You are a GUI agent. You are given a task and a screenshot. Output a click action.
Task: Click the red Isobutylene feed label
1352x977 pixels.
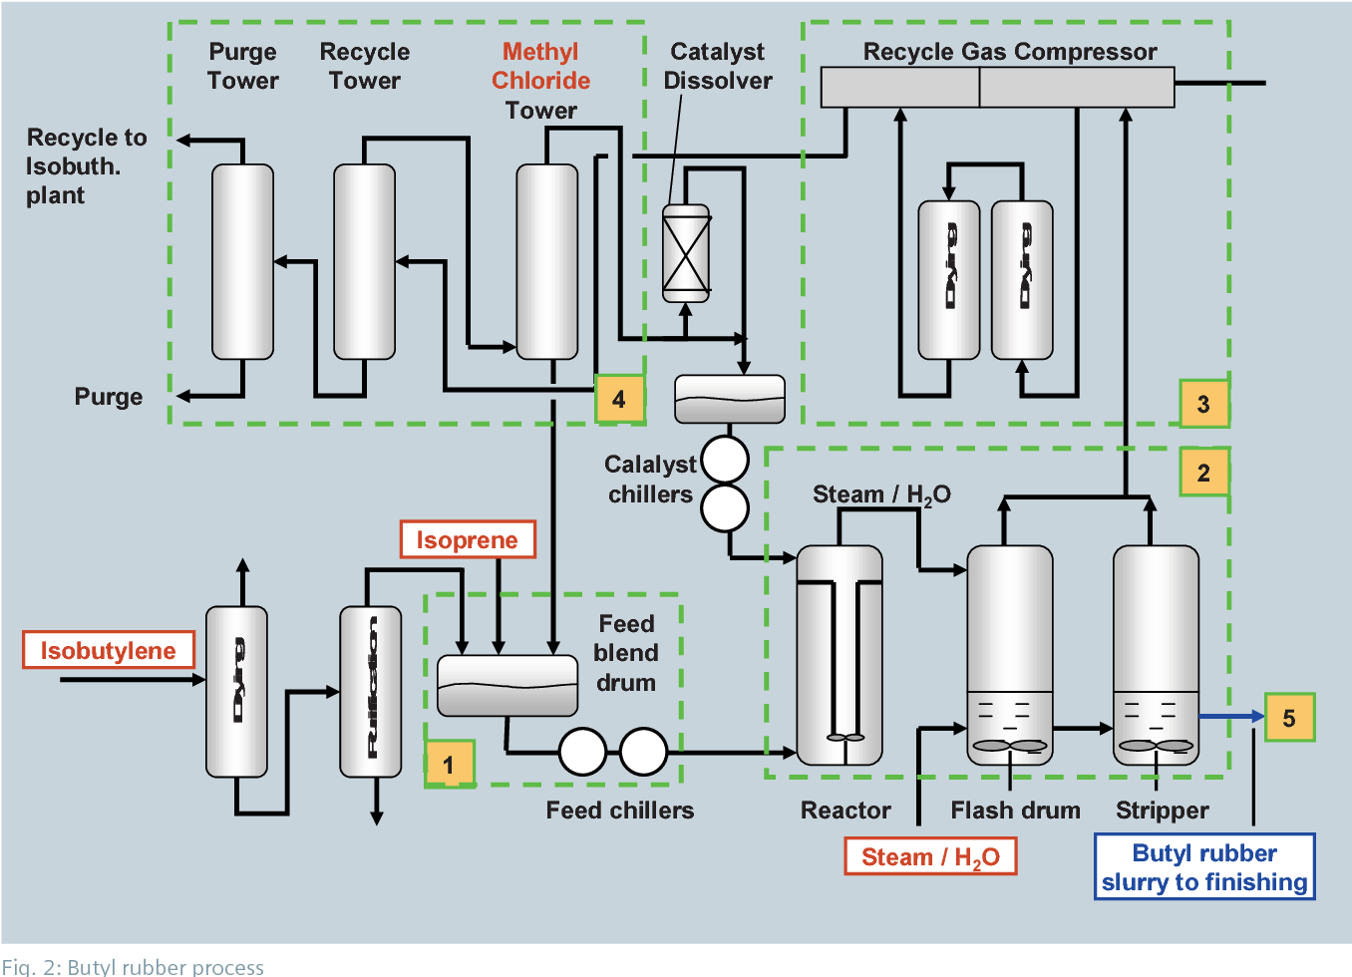click(x=108, y=650)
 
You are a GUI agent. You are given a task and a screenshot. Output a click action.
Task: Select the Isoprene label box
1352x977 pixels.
click(x=467, y=539)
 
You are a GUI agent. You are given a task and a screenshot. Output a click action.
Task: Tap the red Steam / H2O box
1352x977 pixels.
click(x=929, y=856)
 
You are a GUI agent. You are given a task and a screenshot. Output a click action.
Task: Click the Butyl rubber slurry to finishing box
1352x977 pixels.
click(x=1203, y=867)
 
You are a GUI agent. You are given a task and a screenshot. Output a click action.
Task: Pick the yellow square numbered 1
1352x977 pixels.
click(x=450, y=764)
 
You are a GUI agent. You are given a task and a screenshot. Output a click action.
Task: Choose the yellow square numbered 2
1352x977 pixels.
click(x=1203, y=472)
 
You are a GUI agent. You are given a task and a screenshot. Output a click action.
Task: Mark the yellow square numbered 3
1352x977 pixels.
click(x=1203, y=404)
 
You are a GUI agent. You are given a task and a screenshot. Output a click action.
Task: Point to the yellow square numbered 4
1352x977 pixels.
click(x=619, y=399)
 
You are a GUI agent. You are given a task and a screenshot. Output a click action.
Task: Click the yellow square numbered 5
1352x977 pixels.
click(x=1289, y=717)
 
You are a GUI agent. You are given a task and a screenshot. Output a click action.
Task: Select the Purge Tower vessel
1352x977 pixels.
click(x=242, y=261)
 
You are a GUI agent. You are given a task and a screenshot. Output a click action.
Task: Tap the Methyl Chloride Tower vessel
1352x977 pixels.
click(x=546, y=261)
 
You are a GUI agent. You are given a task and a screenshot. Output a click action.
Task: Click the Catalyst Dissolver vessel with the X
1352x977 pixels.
click(x=686, y=253)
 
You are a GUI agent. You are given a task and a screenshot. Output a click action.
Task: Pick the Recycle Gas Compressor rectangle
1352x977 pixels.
click(x=997, y=87)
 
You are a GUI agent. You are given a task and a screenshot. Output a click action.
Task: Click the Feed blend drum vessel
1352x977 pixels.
click(x=507, y=685)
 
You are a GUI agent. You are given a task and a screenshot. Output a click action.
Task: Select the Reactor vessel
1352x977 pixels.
click(x=840, y=655)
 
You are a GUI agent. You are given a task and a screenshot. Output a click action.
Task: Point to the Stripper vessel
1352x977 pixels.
click(x=1156, y=655)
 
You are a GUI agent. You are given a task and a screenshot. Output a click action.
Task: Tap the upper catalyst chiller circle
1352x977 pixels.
click(x=725, y=460)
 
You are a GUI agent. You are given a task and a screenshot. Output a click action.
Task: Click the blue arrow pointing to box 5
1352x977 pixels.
click(x=1230, y=716)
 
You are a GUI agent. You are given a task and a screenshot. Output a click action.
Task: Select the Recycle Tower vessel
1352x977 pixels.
click(x=364, y=261)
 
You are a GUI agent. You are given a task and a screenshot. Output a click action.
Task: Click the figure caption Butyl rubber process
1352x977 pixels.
click(x=133, y=966)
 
